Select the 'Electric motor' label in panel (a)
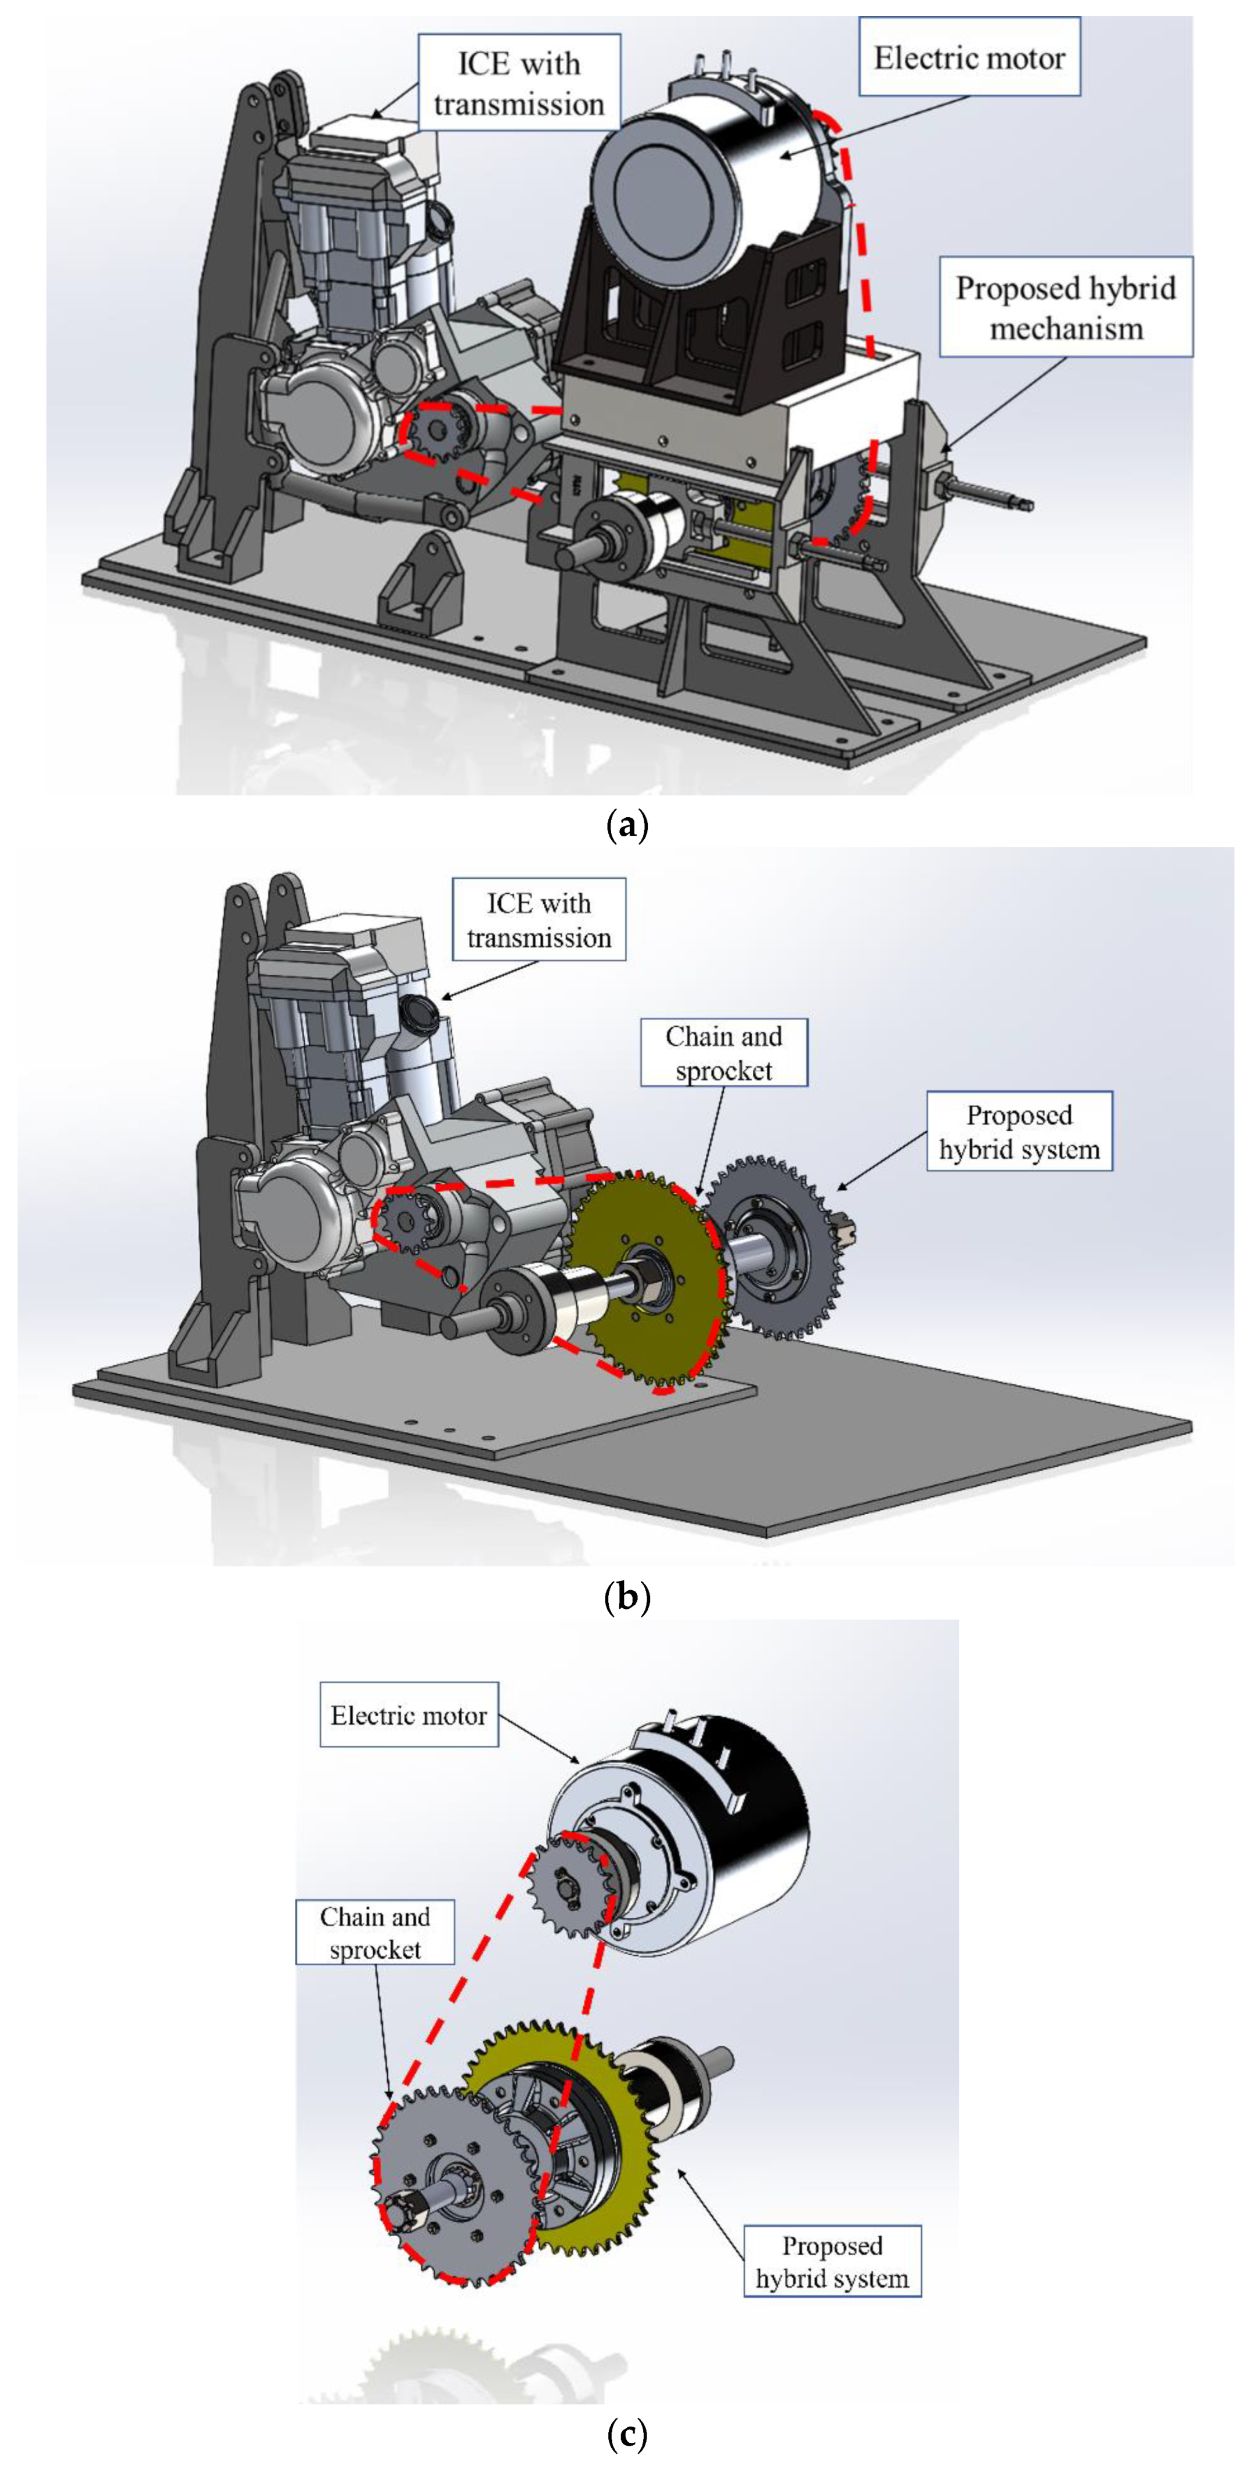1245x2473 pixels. [x=969, y=57]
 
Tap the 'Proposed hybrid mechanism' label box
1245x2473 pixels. [x=1066, y=307]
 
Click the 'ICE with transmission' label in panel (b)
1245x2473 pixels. [x=539, y=920]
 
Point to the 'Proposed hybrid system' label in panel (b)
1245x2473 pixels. [x=1019, y=1131]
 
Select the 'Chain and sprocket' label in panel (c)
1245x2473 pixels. [x=374, y=1933]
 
